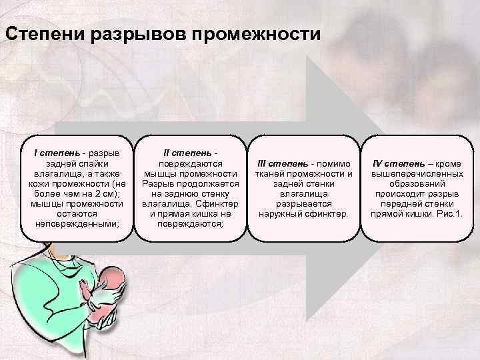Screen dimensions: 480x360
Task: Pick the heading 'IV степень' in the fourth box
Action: [397, 163]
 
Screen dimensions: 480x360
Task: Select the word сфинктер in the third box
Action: [325, 213]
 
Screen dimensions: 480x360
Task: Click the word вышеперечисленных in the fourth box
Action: [417, 173]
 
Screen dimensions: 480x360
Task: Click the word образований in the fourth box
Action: [417, 183]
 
